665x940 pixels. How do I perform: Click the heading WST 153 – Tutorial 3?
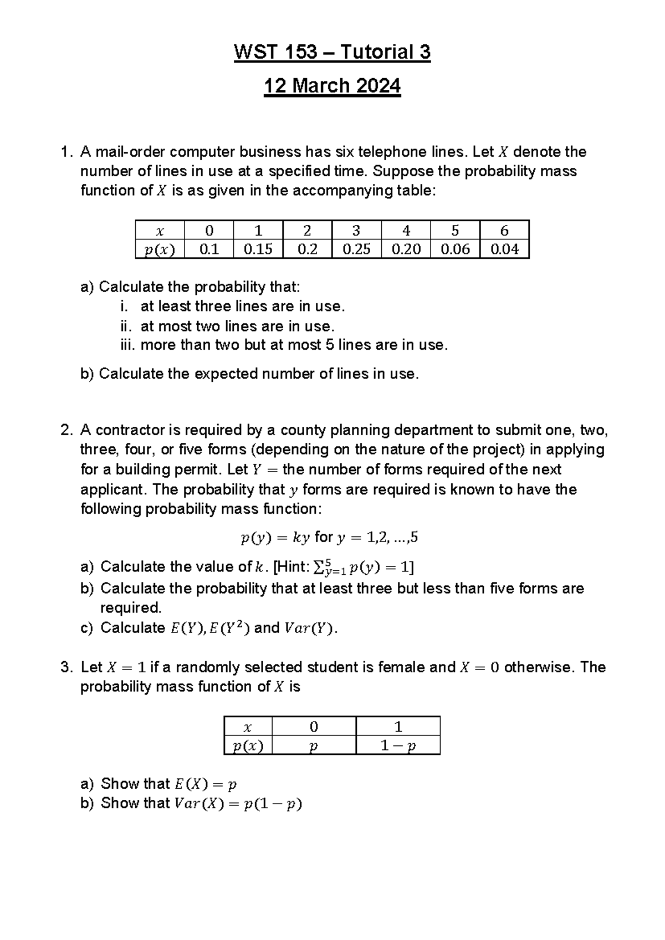(332, 52)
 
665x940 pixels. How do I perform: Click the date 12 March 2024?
(332, 86)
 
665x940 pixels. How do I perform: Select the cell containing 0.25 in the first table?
(356, 249)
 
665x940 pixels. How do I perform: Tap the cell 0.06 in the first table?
(455, 249)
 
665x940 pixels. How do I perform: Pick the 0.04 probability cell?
(504, 249)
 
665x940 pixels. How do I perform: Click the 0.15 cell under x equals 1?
(258, 249)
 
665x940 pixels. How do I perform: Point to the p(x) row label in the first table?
(160, 250)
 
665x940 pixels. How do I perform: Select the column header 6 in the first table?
(504, 231)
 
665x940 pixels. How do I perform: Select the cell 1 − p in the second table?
(397, 746)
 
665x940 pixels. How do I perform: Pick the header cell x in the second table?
(248, 727)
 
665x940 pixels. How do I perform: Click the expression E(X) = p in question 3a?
(205, 784)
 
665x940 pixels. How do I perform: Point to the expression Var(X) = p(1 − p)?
(238, 803)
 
